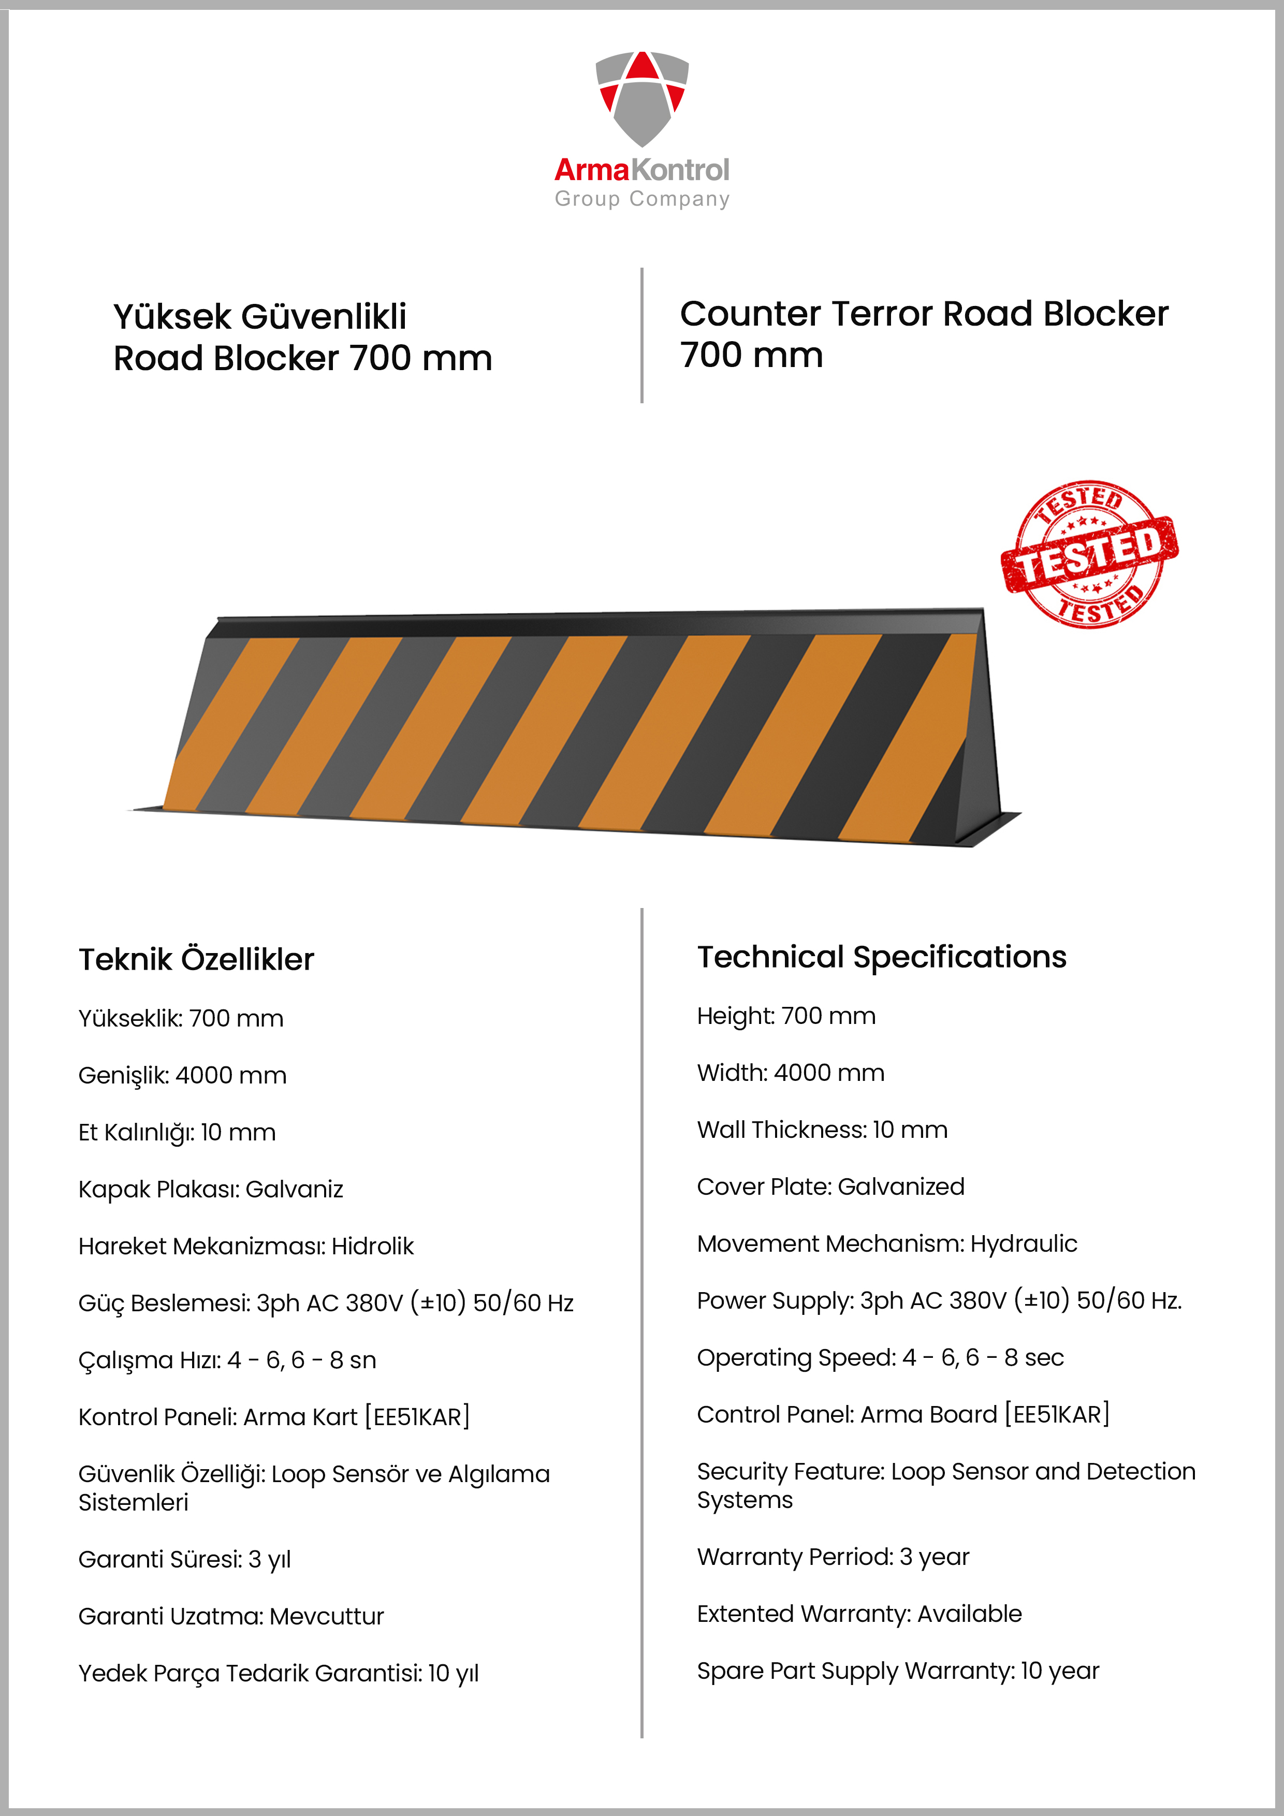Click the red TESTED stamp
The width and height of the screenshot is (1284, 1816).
pyautogui.click(x=1089, y=554)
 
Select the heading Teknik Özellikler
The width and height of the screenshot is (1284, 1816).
pyautogui.click(x=196, y=959)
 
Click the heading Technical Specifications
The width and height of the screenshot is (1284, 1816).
pyautogui.click(x=881, y=957)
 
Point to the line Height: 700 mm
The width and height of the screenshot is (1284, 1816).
pyautogui.click(x=785, y=1016)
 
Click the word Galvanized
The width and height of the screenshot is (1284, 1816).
pyautogui.click(x=900, y=1187)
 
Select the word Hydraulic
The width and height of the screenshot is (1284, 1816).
pyautogui.click(x=1023, y=1243)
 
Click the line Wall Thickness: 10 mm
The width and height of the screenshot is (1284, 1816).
pyautogui.click(x=822, y=1130)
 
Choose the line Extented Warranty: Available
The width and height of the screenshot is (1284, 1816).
pyautogui.click(x=859, y=1614)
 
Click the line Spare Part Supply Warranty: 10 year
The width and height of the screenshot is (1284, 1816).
pyautogui.click(x=898, y=1671)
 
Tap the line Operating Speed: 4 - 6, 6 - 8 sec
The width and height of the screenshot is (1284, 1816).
pyautogui.click(x=880, y=1357)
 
